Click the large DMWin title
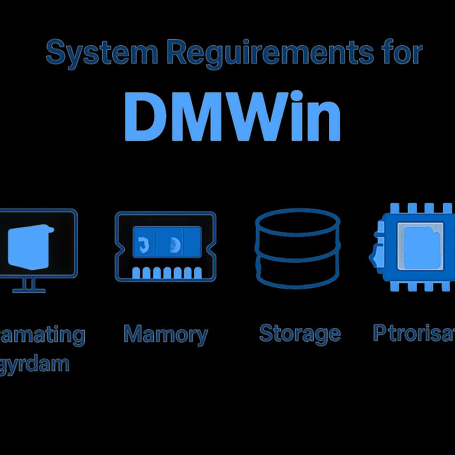point(232,116)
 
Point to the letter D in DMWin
point(145,116)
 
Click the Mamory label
point(165,334)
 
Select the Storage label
point(299,333)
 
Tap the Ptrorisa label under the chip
point(413,333)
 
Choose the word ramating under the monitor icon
point(42,334)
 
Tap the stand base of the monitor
point(29,290)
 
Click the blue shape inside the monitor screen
point(29,247)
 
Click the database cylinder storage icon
point(298,249)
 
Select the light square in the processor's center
point(420,246)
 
